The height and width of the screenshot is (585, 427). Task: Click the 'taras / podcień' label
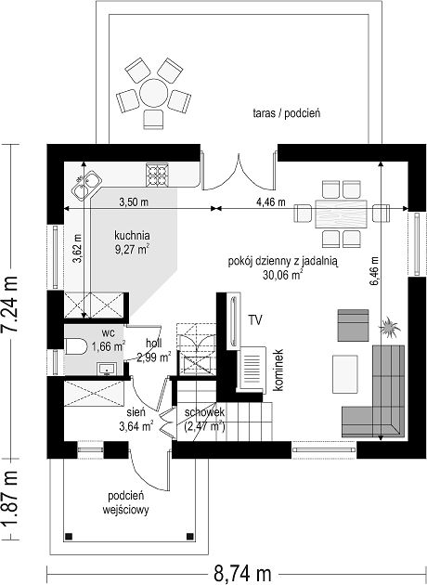[x=287, y=113]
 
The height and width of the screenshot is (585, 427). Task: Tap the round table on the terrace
[x=153, y=93]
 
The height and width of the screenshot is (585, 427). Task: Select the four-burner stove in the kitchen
[x=157, y=175]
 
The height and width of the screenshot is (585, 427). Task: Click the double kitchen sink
[x=86, y=185]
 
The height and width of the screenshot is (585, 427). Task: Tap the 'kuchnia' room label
[x=132, y=236]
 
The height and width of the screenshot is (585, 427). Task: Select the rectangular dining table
[x=341, y=214]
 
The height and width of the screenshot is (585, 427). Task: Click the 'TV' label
[x=255, y=320]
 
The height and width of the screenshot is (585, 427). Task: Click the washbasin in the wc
[x=107, y=369]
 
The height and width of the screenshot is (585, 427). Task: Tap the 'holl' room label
[x=154, y=343]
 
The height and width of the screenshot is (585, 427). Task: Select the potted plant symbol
[x=389, y=328]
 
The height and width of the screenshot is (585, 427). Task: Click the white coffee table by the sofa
[x=345, y=374]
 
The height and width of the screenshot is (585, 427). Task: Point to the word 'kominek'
[x=278, y=370]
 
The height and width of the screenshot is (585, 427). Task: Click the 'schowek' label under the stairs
[x=204, y=412]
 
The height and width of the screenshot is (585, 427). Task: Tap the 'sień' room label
[x=136, y=412]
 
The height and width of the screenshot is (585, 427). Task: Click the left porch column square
[x=69, y=537]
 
